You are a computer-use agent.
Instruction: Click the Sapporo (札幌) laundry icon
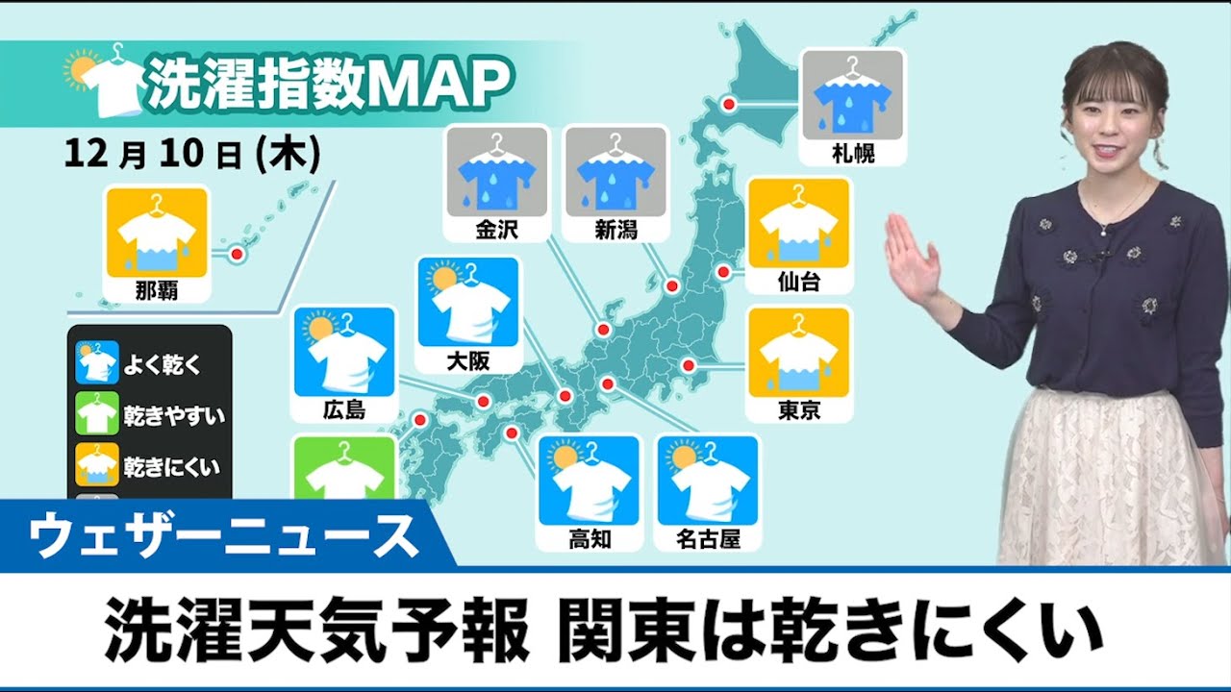click(x=852, y=95)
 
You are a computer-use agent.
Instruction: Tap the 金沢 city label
click(x=496, y=231)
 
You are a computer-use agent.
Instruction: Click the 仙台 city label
click(x=798, y=282)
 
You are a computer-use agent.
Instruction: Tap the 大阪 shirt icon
click(x=468, y=302)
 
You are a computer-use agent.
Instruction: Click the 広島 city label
click(x=344, y=410)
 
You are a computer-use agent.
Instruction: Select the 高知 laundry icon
click(x=589, y=481)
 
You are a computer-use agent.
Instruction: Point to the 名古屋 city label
click(x=708, y=538)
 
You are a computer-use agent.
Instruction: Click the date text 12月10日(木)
click(x=192, y=154)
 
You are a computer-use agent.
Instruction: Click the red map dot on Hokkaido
click(x=729, y=104)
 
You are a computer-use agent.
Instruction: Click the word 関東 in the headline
click(x=612, y=631)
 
